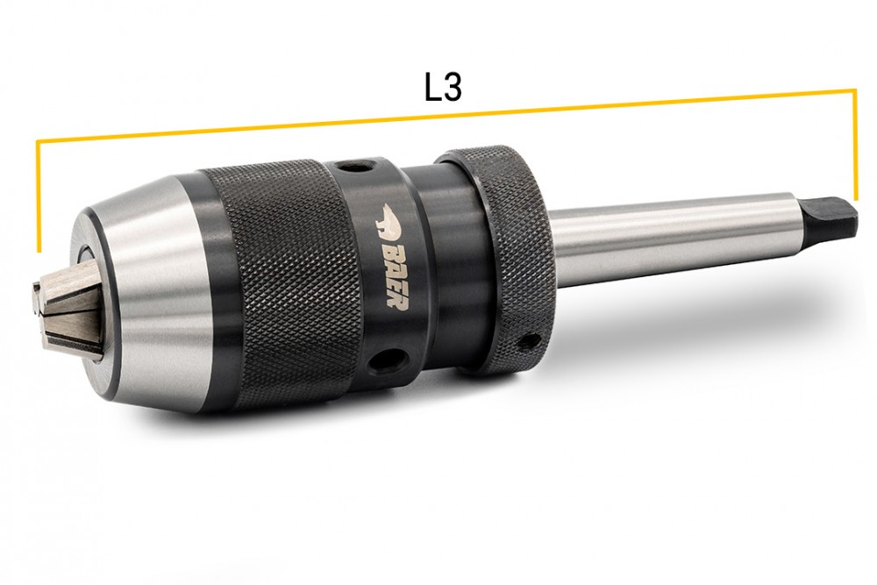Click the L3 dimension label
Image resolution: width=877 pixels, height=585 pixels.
(x=442, y=88)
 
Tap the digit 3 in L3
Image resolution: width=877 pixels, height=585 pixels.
(x=453, y=88)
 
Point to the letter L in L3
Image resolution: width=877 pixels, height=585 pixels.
(x=432, y=88)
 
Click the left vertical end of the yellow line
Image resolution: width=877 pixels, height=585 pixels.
(x=38, y=196)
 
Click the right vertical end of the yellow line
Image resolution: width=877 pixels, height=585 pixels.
(x=854, y=145)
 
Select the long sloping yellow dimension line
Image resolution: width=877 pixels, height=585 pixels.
(x=446, y=115)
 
